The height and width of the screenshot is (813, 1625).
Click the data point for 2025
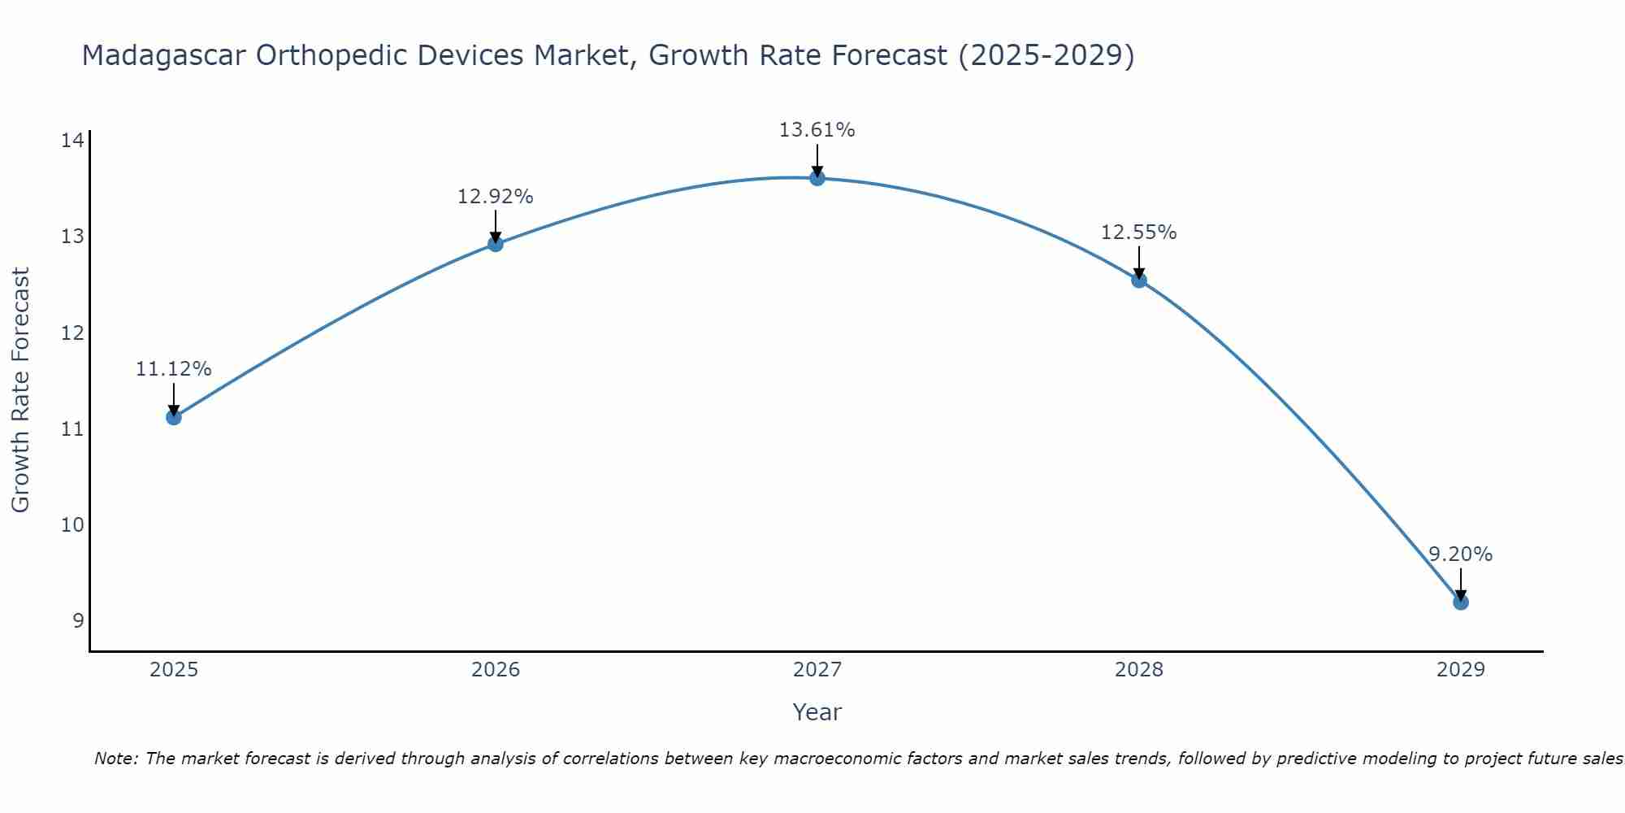[173, 417]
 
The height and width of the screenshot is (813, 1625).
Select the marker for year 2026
[496, 244]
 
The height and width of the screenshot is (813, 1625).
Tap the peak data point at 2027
[817, 178]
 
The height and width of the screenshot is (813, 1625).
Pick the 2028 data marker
[1139, 280]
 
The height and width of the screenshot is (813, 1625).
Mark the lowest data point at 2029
[1460, 602]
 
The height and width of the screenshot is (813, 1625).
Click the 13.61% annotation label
[817, 130]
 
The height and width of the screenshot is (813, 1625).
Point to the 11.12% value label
[173, 369]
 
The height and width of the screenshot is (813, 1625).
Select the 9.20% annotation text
[1460, 554]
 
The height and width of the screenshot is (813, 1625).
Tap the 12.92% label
[496, 197]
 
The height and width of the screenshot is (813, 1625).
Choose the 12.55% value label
[1139, 233]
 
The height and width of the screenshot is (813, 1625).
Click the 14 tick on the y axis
[72, 141]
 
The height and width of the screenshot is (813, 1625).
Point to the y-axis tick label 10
[72, 524]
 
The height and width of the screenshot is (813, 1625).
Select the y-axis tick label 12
[72, 333]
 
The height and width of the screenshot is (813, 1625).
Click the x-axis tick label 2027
[817, 670]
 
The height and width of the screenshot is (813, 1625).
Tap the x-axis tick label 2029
[1460, 670]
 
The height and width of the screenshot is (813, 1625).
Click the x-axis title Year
[817, 712]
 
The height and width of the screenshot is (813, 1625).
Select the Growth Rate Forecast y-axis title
[21, 390]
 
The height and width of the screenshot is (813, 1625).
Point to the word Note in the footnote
[116, 759]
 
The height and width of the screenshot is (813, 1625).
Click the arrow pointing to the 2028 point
[1139, 262]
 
